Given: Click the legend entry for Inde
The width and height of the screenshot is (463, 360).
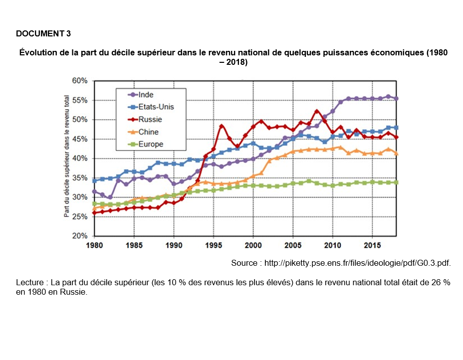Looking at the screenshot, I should [x=146, y=95].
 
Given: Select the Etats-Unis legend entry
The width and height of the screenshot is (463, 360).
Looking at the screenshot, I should [x=156, y=107].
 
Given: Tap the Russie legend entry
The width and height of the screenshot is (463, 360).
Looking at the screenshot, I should [x=150, y=120].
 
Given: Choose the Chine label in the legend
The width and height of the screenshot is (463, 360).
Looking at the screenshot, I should [x=148, y=132].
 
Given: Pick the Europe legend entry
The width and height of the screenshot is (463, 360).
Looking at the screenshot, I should [x=151, y=145].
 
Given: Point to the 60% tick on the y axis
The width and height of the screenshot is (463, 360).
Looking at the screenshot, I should [x=80, y=81].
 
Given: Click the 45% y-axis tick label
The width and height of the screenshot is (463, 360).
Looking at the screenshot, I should [x=80, y=139].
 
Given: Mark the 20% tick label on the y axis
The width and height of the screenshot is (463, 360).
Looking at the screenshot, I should [x=80, y=236].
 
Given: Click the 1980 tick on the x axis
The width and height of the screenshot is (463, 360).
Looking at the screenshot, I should [x=94, y=245].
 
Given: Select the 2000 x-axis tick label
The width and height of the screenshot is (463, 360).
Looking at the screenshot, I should [x=253, y=245].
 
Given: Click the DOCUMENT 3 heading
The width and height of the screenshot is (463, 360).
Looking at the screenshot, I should [x=43, y=34].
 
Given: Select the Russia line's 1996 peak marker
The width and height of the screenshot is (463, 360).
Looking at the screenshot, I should [x=222, y=126].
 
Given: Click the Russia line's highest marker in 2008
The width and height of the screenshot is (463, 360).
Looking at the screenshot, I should [x=317, y=111].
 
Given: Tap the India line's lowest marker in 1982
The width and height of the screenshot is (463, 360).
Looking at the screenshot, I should [x=110, y=197].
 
